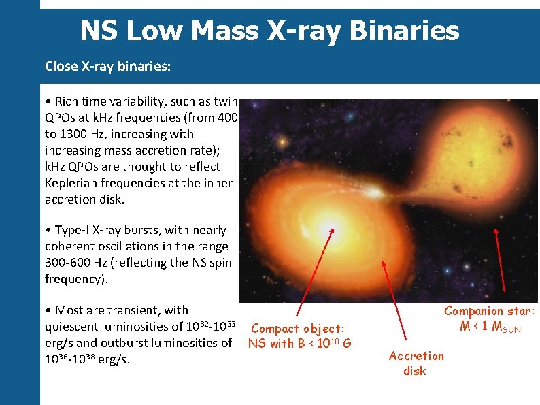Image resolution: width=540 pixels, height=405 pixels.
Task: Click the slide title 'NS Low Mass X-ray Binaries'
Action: click(x=269, y=31)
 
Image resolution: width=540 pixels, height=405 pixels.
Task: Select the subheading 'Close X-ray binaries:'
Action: click(x=108, y=67)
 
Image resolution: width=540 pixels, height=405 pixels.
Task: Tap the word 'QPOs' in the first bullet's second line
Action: click(x=61, y=118)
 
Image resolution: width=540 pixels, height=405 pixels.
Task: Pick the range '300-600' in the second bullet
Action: click(x=69, y=263)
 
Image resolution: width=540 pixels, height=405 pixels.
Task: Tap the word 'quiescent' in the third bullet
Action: click(x=71, y=327)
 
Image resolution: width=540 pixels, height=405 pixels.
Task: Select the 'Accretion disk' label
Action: click(x=416, y=363)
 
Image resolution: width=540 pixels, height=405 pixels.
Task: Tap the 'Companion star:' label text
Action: click(x=490, y=311)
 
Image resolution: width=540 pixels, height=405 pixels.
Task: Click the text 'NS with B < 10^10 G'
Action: click(x=299, y=344)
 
